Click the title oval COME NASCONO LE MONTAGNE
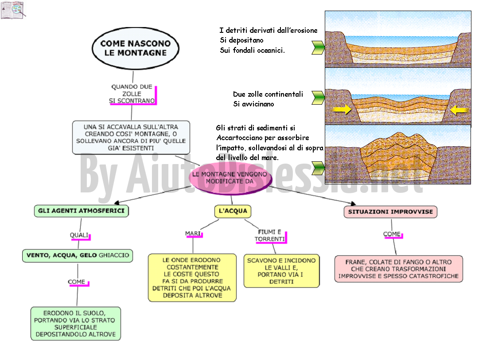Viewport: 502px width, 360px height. coord(136,48)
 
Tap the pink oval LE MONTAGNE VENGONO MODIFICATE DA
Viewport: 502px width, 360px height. coord(230,178)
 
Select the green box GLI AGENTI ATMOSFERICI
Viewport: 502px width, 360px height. coord(82,211)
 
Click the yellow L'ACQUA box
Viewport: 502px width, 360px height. coord(233,211)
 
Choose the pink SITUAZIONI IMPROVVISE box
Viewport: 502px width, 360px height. coord(390,212)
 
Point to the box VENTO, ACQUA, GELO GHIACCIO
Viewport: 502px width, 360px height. coord(78,255)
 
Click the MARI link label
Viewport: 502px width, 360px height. coord(193,234)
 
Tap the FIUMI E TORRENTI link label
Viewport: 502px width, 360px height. coord(270,235)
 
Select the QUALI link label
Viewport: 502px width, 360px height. coord(80,235)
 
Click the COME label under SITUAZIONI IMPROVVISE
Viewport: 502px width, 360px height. coord(393,235)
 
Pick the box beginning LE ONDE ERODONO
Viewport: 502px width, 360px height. coord(192,278)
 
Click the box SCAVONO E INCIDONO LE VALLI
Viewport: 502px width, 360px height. coord(281,271)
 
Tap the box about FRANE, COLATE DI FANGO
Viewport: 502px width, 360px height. coord(399,269)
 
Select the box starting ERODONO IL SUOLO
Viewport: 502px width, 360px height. coord(76,324)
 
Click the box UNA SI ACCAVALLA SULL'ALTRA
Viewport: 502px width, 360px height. coord(131,137)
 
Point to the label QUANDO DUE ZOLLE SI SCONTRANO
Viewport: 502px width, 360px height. coord(132,94)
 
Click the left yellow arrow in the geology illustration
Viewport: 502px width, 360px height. coord(342,110)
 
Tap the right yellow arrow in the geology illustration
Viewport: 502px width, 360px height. coord(459,110)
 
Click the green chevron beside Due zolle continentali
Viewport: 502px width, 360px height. coord(318,98)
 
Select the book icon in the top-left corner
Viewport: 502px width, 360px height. coord(13,10)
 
